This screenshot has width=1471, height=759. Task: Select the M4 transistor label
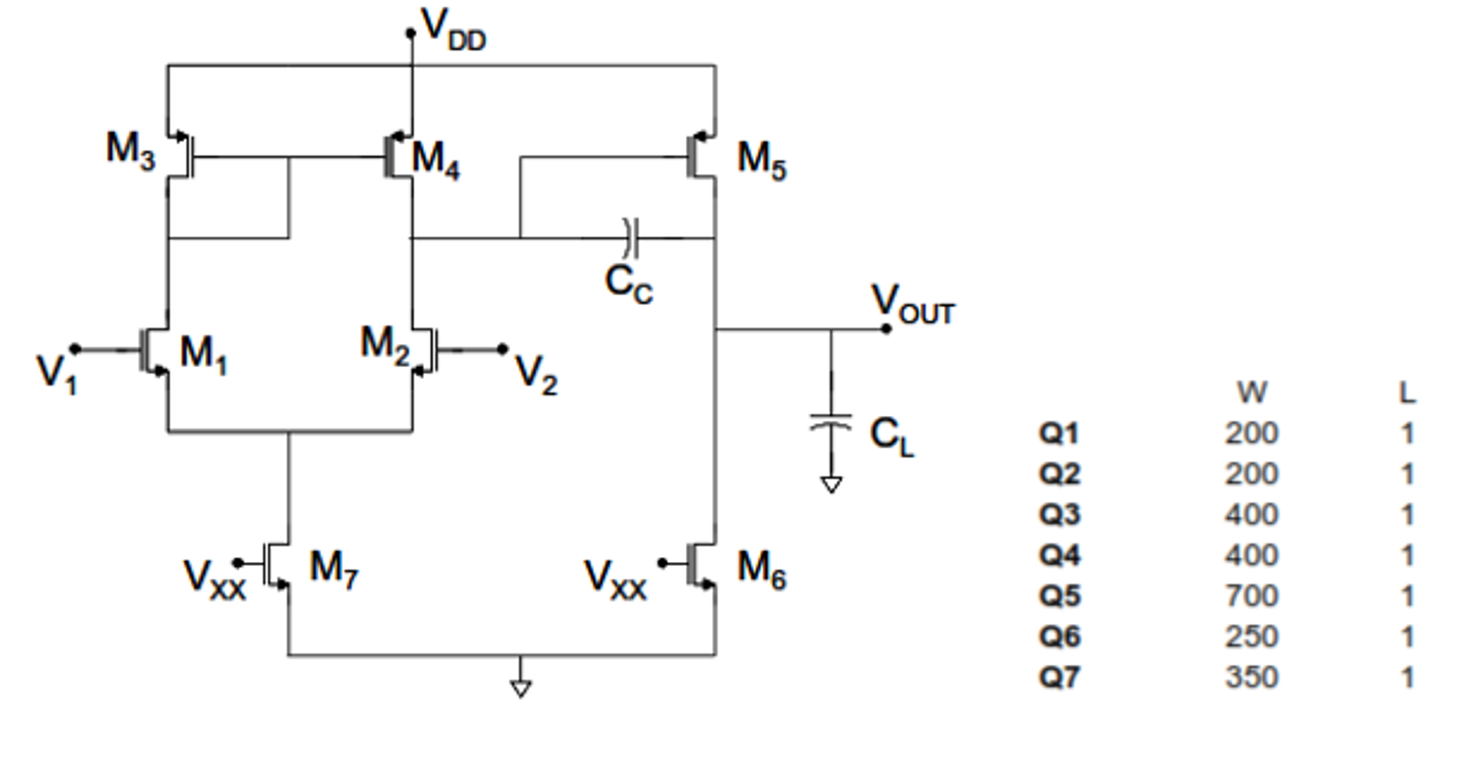(435, 159)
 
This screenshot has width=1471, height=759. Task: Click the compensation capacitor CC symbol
(631, 237)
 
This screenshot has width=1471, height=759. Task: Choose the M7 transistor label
(334, 568)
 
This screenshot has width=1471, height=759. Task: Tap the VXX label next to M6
(615, 578)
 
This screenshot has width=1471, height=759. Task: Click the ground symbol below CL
(831, 485)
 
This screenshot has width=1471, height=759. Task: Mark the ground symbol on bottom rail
(521, 688)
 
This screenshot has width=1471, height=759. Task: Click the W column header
(1252, 393)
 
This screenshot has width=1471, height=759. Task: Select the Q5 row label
(1060, 596)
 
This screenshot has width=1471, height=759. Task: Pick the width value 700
(1252, 596)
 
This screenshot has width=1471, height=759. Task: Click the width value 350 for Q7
(1252, 677)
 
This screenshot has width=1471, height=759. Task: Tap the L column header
(1407, 393)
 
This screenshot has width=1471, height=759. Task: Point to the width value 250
(1252, 637)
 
